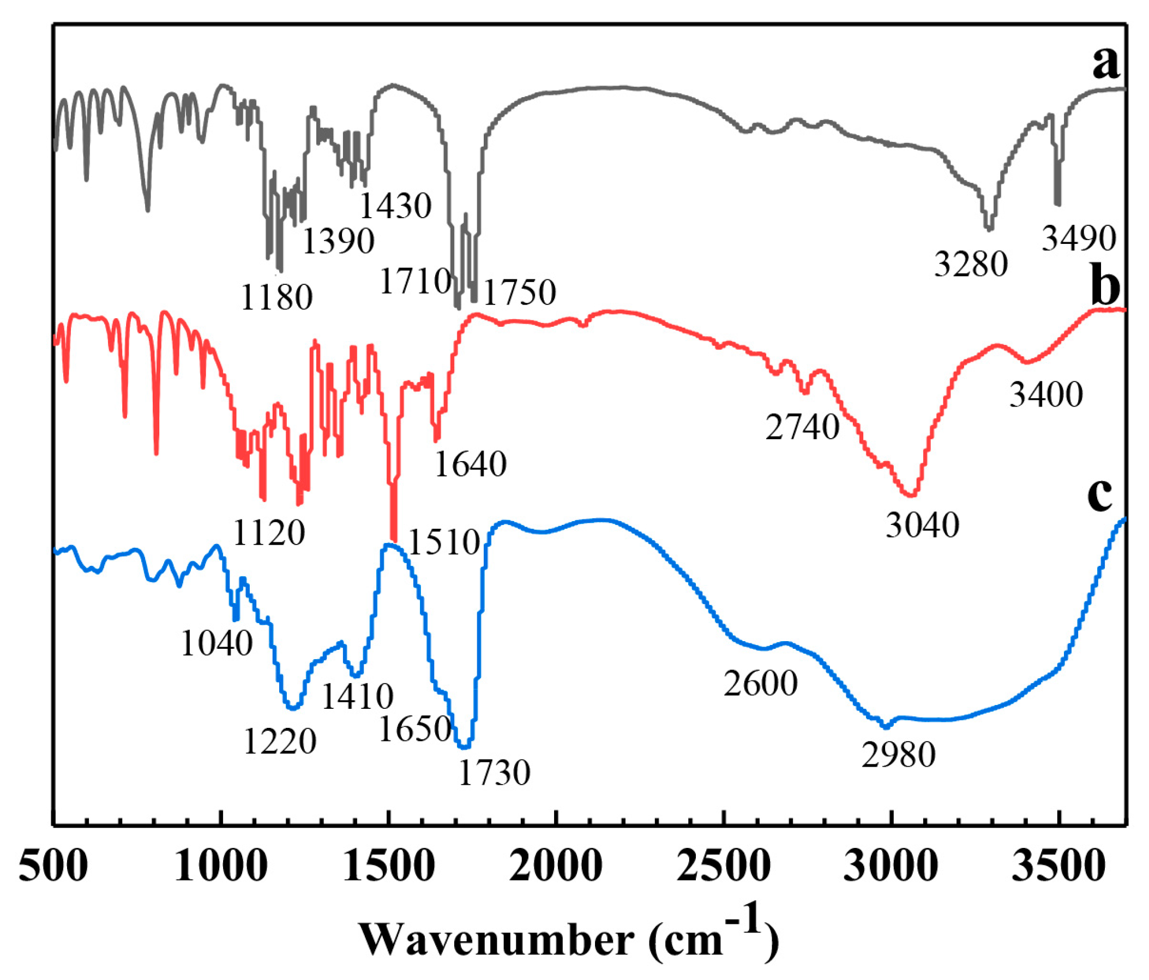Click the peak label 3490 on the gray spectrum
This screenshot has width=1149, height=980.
(x=1079, y=239)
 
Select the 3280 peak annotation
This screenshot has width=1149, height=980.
(x=971, y=264)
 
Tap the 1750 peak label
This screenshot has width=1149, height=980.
(x=520, y=292)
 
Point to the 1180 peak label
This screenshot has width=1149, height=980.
(x=276, y=297)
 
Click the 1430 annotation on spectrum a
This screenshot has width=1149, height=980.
(x=395, y=206)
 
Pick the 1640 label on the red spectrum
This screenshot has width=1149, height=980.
(x=470, y=464)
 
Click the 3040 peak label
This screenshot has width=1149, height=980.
(x=922, y=524)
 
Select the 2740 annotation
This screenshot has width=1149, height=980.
(x=802, y=427)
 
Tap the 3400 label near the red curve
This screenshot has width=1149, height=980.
(x=1046, y=395)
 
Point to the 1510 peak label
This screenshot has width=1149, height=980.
(x=444, y=542)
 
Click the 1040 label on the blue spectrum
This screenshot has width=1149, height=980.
(x=216, y=644)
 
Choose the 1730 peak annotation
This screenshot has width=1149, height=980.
(x=494, y=773)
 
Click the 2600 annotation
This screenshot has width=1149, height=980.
(x=760, y=684)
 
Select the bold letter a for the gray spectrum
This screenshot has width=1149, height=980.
(x=1106, y=62)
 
